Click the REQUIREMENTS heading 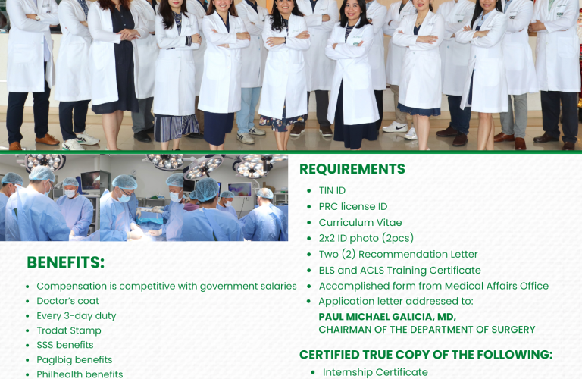[352, 169]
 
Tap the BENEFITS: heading [66, 262]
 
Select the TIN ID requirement [332, 190]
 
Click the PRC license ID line [353, 206]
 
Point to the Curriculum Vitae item [360, 222]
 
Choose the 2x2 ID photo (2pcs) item [366, 238]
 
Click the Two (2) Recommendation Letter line [398, 254]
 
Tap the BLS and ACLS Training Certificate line [400, 271]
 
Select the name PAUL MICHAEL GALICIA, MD [387, 317]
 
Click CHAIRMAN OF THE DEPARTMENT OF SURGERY [427, 330]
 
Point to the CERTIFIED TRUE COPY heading [426, 355]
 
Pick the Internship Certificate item [375, 372]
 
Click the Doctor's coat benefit [67, 301]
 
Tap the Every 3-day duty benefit [76, 316]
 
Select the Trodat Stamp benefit [69, 330]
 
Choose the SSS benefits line [65, 345]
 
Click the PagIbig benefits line [74, 360]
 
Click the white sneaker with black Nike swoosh [395, 127]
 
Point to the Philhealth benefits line [80, 374]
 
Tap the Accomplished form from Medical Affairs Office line [433, 286]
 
